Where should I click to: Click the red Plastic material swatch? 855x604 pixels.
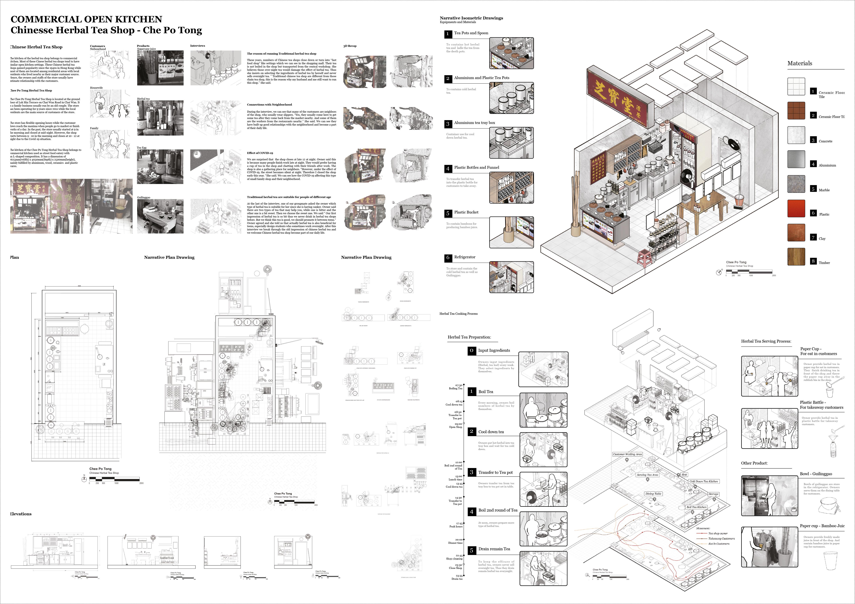pos(796,209)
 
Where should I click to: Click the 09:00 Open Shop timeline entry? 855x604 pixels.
pos(456,425)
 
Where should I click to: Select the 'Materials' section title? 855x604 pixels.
pos(800,63)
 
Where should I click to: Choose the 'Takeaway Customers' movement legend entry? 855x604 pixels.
pos(721,538)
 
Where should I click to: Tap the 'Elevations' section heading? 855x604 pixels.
pos(21,514)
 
